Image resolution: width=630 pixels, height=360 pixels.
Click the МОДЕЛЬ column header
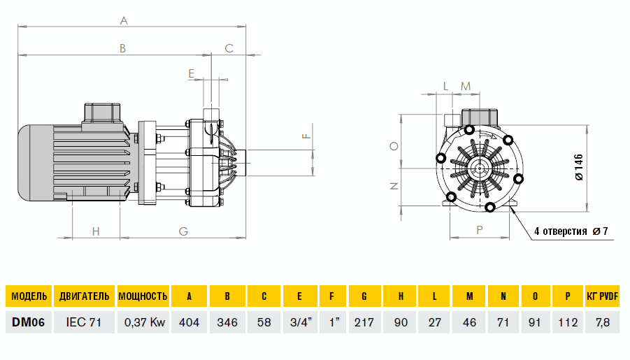pyautogui.click(x=29, y=296)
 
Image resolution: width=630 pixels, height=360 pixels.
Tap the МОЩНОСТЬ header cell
pyautogui.click(x=143, y=296)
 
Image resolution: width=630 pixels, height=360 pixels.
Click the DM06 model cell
pyautogui.click(x=29, y=322)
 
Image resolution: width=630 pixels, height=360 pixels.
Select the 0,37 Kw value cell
pyautogui.click(x=143, y=322)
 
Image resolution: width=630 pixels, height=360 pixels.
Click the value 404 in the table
pyautogui.click(x=189, y=322)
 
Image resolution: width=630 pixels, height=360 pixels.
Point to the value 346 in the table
pyautogui.click(x=227, y=322)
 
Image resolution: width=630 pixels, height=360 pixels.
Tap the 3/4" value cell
pyautogui.click(x=299, y=322)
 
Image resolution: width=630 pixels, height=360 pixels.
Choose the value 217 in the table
pyautogui.click(x=364, y=322)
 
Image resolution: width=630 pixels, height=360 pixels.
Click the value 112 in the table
pyautogui.click(x=568, y=322)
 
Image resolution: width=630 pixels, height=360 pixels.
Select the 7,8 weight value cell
pyautogui.click(x=603, y=322)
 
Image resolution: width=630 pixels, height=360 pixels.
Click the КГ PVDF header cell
pyautogui.click(x=603, y=296)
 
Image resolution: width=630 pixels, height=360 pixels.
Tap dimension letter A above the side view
pyautogui.click(x=124, y=21)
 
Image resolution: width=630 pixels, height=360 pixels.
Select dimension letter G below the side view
pyautogui.click(x=183, y=231)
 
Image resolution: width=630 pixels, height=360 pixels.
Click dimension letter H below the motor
pyautogui.click(x=96, y=231)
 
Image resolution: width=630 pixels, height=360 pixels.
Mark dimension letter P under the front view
pyautogui.click(x=480, y=229)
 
